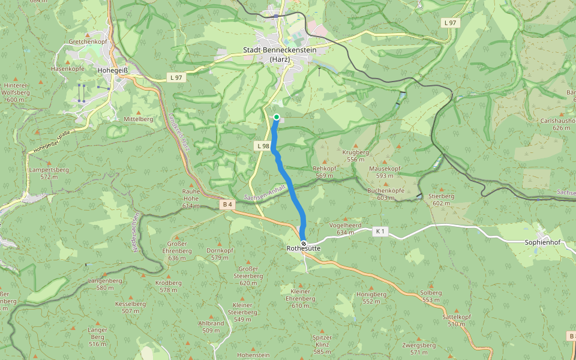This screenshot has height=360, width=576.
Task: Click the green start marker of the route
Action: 277,117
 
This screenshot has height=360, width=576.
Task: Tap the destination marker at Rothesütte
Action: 304,243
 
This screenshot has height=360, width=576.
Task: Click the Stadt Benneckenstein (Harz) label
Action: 279,55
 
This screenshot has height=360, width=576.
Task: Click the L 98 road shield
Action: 262,146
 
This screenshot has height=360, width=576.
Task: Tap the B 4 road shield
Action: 227,205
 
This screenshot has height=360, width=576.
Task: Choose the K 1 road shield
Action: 379,231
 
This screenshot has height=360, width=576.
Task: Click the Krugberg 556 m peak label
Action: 356,156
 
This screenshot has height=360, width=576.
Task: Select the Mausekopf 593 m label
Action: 385,172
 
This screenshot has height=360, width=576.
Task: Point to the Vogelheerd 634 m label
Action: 345,229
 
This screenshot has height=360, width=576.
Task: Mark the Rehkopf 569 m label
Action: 325,172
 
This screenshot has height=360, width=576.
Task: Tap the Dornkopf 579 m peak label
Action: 220,254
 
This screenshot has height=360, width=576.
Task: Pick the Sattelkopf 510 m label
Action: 457,320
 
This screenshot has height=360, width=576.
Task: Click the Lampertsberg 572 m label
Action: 49,173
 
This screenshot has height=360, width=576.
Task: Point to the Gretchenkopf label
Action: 88,42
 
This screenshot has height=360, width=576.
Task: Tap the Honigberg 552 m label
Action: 371,298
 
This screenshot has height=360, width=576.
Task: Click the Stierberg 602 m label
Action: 442,199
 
